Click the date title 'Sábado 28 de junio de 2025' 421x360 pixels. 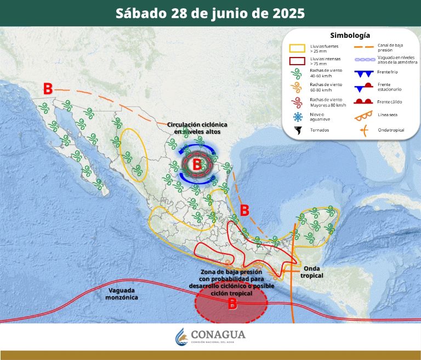[x=210, y=13]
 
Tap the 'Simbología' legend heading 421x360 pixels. [x=350, y=35]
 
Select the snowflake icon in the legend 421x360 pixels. [x=298, y=117]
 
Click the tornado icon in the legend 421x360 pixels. [x=298, y=131]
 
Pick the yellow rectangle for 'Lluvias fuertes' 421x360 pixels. [x=298, y=48]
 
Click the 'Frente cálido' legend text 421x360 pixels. [x=390, y=101]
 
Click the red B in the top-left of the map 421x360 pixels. [x=48, y=88]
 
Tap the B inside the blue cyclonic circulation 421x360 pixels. [x=197, y=163]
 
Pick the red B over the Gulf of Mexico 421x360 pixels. [x=244, y=210]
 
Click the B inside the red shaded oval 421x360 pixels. [x=232, y=304]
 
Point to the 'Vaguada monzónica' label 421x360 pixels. [x=123, y=293]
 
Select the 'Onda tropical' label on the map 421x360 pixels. [x=311, y=272]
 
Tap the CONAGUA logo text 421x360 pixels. [x=218, y=334]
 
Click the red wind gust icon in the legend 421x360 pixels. [x=298, y=102]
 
